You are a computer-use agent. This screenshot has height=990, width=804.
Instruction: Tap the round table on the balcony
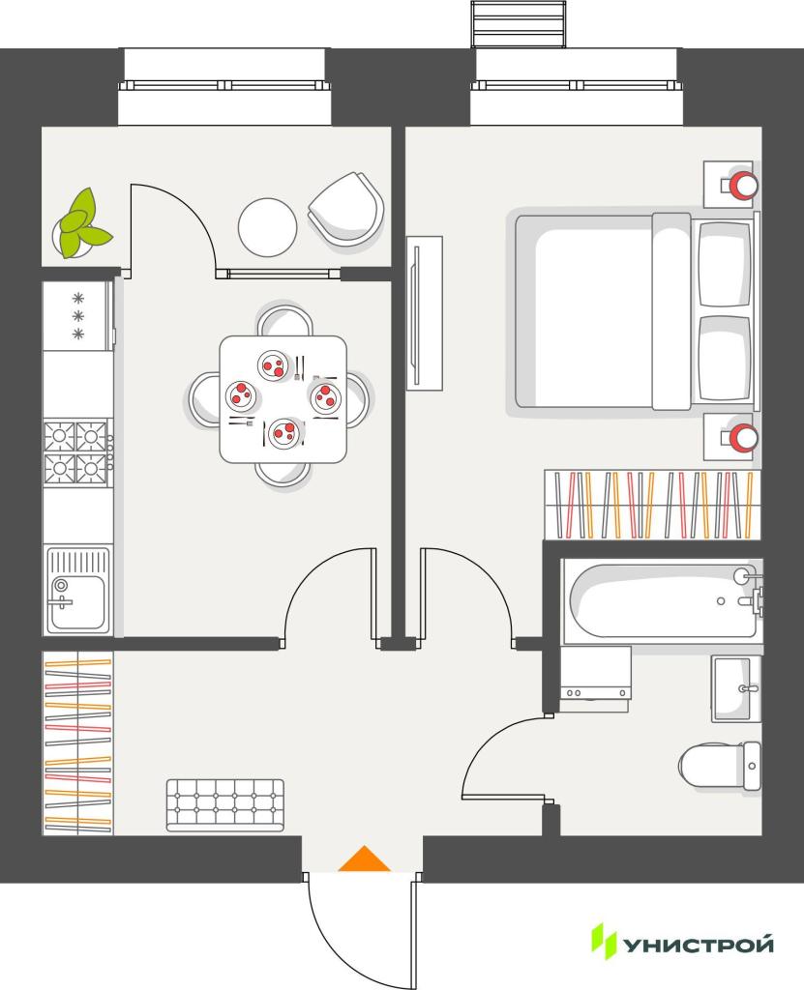click(267, 227)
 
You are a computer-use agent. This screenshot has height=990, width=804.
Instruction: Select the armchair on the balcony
click(346, 209)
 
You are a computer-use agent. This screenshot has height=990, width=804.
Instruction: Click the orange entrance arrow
click(364, 859)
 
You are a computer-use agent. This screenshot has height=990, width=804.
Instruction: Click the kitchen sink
click(77, 591)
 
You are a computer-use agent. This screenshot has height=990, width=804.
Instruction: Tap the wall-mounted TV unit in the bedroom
click(424, 313)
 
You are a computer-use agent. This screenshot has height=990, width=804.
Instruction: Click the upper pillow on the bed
click(725, 264)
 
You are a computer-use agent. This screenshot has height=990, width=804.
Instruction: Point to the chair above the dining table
click(285, 321)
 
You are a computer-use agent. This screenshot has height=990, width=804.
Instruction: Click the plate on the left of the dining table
click(241, 394)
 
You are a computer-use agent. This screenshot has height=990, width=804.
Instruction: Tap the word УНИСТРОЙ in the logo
click(699, 945)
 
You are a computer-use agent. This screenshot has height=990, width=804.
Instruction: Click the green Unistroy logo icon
click(603, 941)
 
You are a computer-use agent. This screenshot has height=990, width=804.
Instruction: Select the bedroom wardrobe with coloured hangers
click(652, 505)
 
